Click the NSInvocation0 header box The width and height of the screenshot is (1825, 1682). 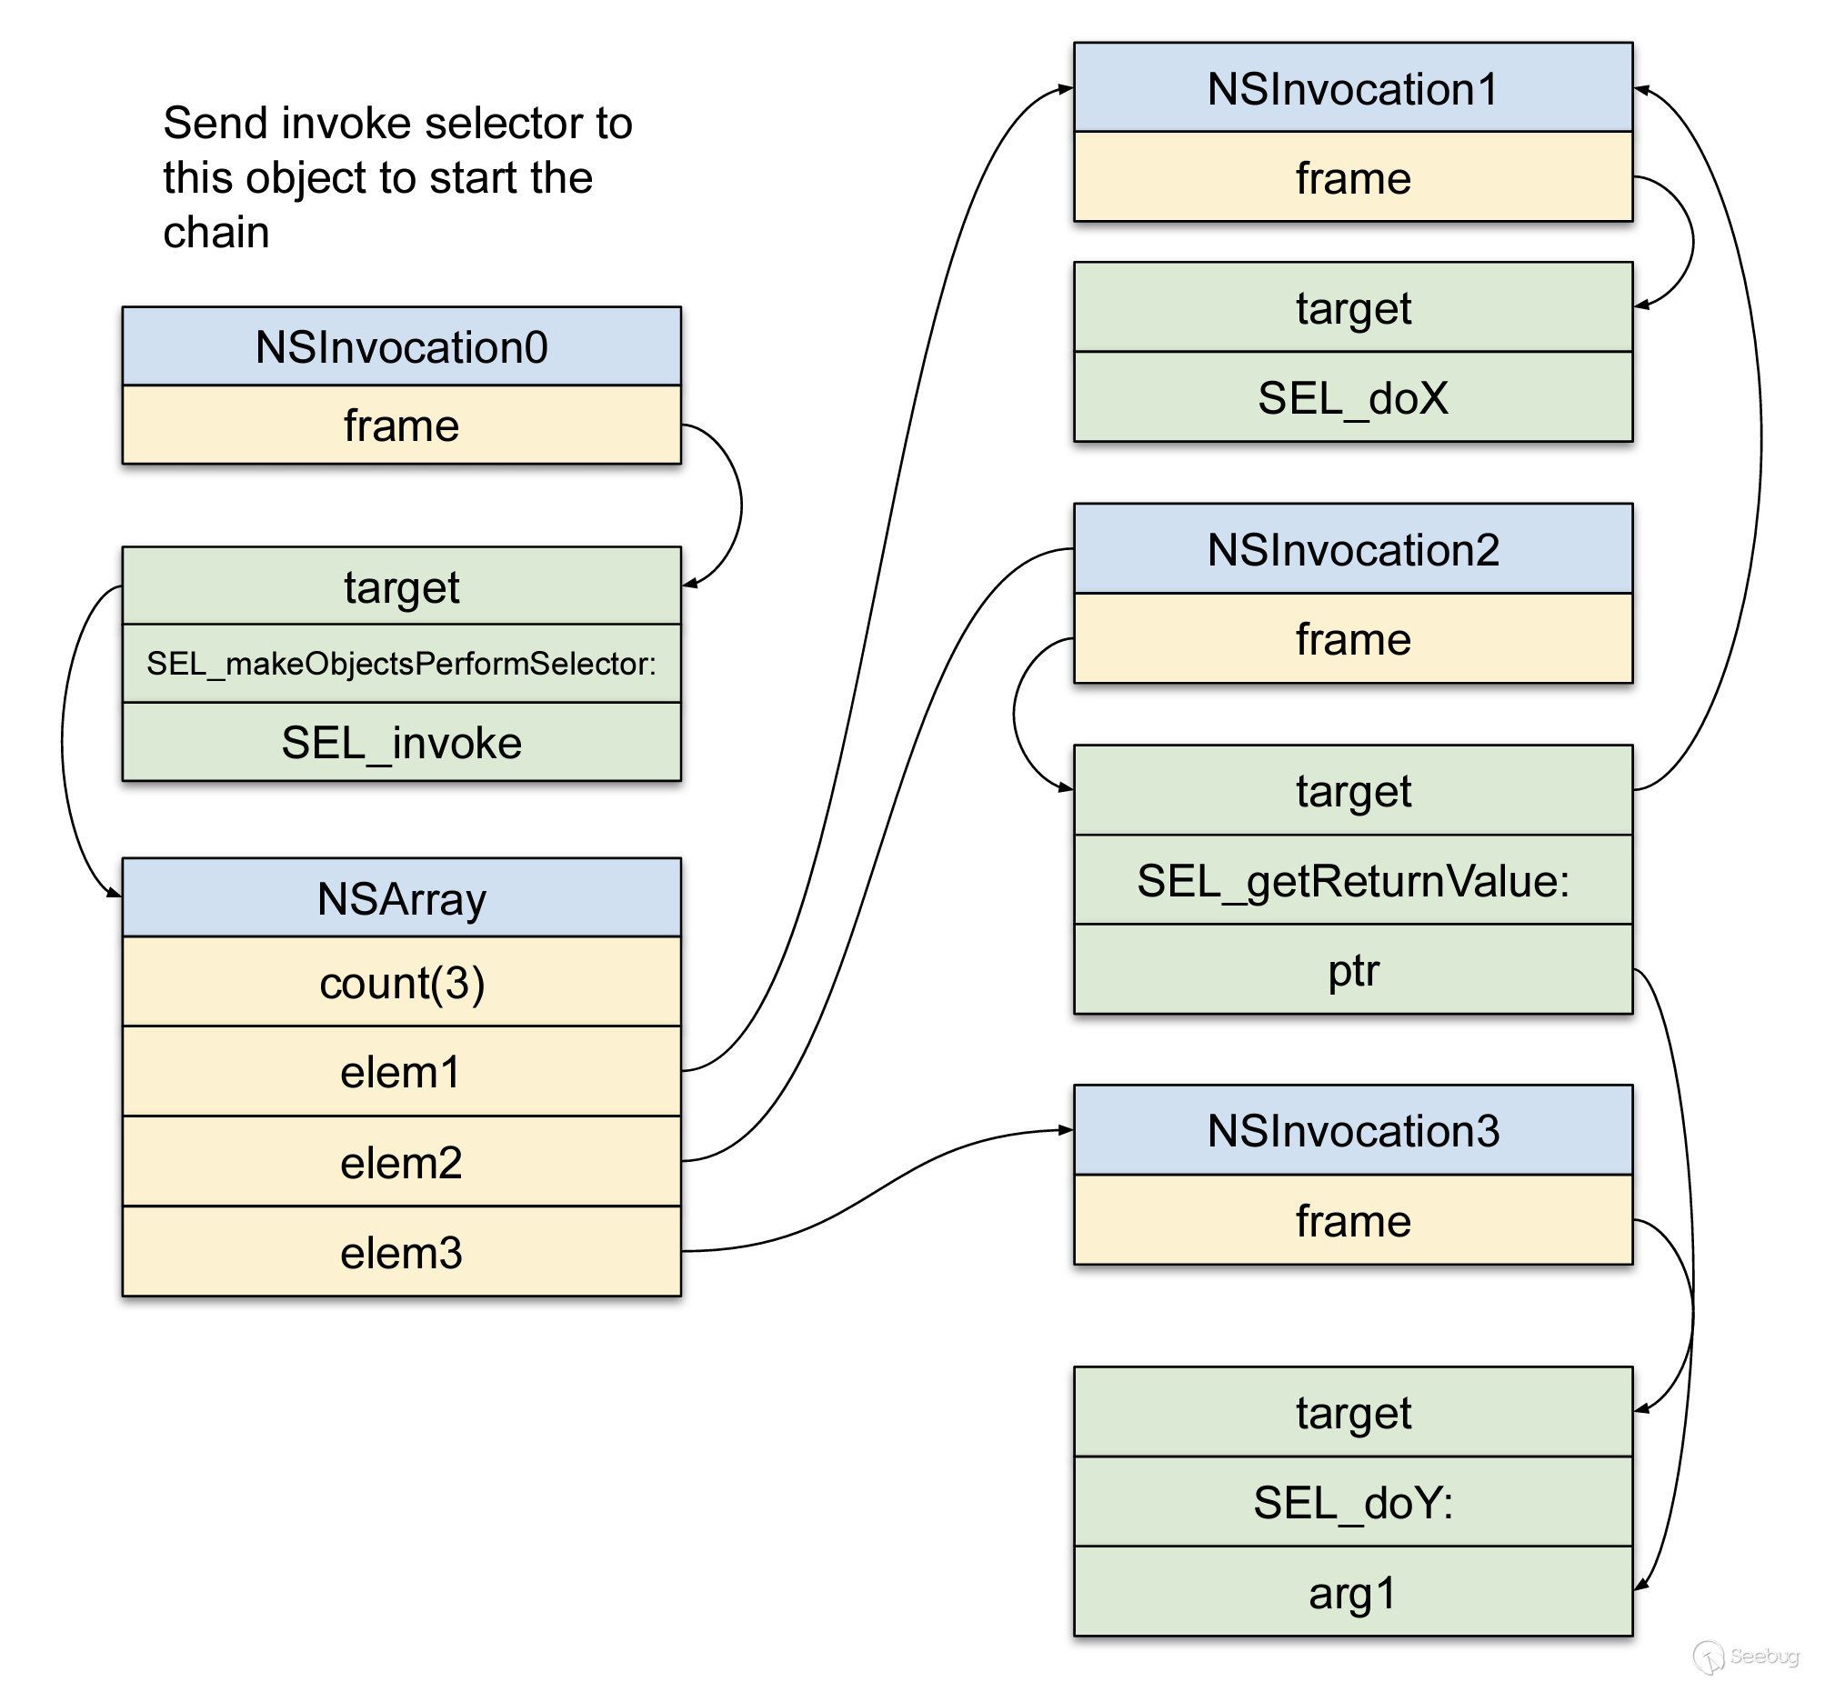tap(401, 346)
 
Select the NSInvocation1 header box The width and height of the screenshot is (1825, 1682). tap(1352, 88)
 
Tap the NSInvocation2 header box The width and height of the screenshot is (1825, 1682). tap(1352, 550)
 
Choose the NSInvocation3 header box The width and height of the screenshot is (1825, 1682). tap(1352, 1130)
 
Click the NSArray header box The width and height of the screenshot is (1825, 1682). tap(401, 898)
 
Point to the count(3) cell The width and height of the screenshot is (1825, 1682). tap(401, 982)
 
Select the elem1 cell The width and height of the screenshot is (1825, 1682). tap(401, 1071)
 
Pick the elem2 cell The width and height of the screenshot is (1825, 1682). tap(401, 1162)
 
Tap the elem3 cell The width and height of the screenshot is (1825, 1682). tap(401, 1252)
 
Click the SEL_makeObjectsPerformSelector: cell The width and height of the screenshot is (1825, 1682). tap(401, 664)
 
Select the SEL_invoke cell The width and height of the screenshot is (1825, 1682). tap(401, 743)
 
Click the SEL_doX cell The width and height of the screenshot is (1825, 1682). tap(1352, 397)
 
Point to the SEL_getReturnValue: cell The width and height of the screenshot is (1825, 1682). tap(1352, 880)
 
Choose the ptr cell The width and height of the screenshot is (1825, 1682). tap(1352, 970)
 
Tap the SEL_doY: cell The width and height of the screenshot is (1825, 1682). tap(1352, 1502)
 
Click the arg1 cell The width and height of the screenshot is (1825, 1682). tap(1352, 1593)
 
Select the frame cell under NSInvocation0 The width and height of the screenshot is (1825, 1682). tap(401, 426)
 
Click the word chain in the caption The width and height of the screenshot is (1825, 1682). tap(216, 232)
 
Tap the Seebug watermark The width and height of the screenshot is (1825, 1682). tap(1749, 1656)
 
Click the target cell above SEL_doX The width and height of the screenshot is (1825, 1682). tap(1352, 307)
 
